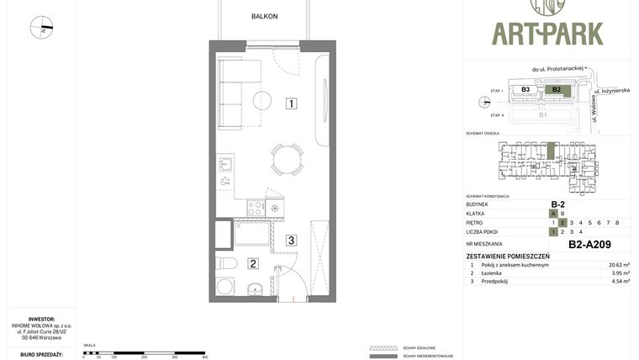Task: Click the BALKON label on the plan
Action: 264,16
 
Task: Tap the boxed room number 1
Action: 290,104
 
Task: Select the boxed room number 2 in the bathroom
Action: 252,263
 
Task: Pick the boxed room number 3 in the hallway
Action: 291,241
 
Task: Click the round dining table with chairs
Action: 287,158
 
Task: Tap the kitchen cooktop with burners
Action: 255,207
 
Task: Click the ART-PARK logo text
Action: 547,33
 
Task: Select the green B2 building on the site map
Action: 556,89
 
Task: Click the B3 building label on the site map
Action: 525,89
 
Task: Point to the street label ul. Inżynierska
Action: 611,90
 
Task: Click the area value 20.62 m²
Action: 619,265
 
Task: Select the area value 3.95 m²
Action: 619,273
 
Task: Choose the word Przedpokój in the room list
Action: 496,282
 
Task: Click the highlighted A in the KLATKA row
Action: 553,214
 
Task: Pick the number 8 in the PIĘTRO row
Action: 617,223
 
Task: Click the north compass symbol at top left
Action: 41,28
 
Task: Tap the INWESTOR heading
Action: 42,320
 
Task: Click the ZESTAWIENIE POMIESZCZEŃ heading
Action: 508,256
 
